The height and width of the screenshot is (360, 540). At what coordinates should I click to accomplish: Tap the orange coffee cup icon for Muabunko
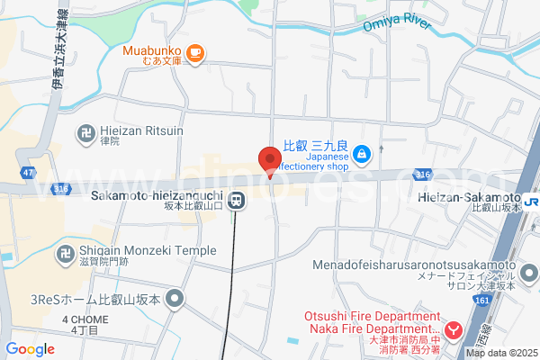click(x=195, y=55)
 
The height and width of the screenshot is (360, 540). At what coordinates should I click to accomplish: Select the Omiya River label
click(x=398, y=22)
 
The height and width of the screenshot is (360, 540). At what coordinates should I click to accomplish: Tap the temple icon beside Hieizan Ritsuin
click(x=87, y=131)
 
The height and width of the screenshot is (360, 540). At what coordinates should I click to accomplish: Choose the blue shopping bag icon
click(x=361, y=154)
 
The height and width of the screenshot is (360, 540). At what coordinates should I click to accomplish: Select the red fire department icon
click(x=455, y=331)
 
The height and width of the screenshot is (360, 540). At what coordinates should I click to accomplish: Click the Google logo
click(x=30, y=349)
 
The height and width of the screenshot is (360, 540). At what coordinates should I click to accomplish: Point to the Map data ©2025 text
click(x=499, y=353)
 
